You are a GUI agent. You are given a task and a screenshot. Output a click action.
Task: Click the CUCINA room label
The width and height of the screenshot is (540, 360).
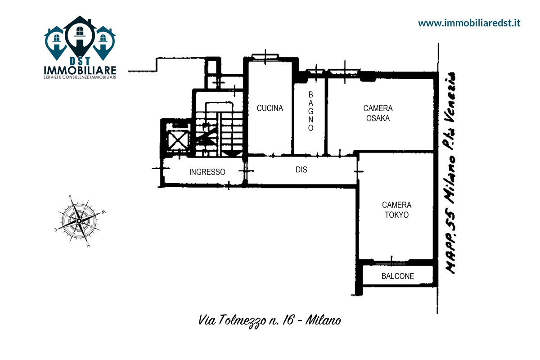(x=270, y=108)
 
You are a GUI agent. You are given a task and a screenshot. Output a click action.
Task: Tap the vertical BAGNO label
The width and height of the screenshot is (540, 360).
(x=311, y=111)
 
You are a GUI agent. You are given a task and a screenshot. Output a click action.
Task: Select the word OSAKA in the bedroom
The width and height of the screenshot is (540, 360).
(x=378, y=118)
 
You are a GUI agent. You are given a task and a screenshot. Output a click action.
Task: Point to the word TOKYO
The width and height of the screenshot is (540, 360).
(x=396, y=215)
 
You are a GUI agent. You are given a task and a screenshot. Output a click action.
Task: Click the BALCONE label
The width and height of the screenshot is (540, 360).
(x=397, y=276)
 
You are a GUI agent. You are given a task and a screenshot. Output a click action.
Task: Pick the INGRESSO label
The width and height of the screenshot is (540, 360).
(x=207, y=172)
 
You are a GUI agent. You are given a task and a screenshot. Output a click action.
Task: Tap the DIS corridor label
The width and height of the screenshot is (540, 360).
(x=301, y=170)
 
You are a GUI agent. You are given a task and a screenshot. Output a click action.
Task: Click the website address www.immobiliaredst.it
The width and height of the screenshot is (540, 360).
(x=469, y=23)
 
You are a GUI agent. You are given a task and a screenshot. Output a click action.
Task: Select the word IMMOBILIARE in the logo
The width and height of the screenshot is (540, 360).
(x=80, y=70)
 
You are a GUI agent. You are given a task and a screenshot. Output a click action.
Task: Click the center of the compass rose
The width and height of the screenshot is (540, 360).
(x=79, y=220)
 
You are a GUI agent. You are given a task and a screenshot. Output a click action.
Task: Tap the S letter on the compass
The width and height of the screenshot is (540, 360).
(x=70, y=197)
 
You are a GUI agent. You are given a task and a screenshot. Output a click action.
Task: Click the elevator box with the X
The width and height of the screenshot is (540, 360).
(x=178, y=139)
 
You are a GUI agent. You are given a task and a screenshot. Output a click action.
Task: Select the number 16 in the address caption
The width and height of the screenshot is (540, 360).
(x=288, y=320)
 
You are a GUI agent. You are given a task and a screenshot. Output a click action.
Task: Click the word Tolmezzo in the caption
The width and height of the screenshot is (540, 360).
(x=242, y=321)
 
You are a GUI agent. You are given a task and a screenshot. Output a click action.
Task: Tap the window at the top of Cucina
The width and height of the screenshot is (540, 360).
(x=265, y=57)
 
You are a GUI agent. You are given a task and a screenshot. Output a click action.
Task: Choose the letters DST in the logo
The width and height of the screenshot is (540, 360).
(x=80, y=61)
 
